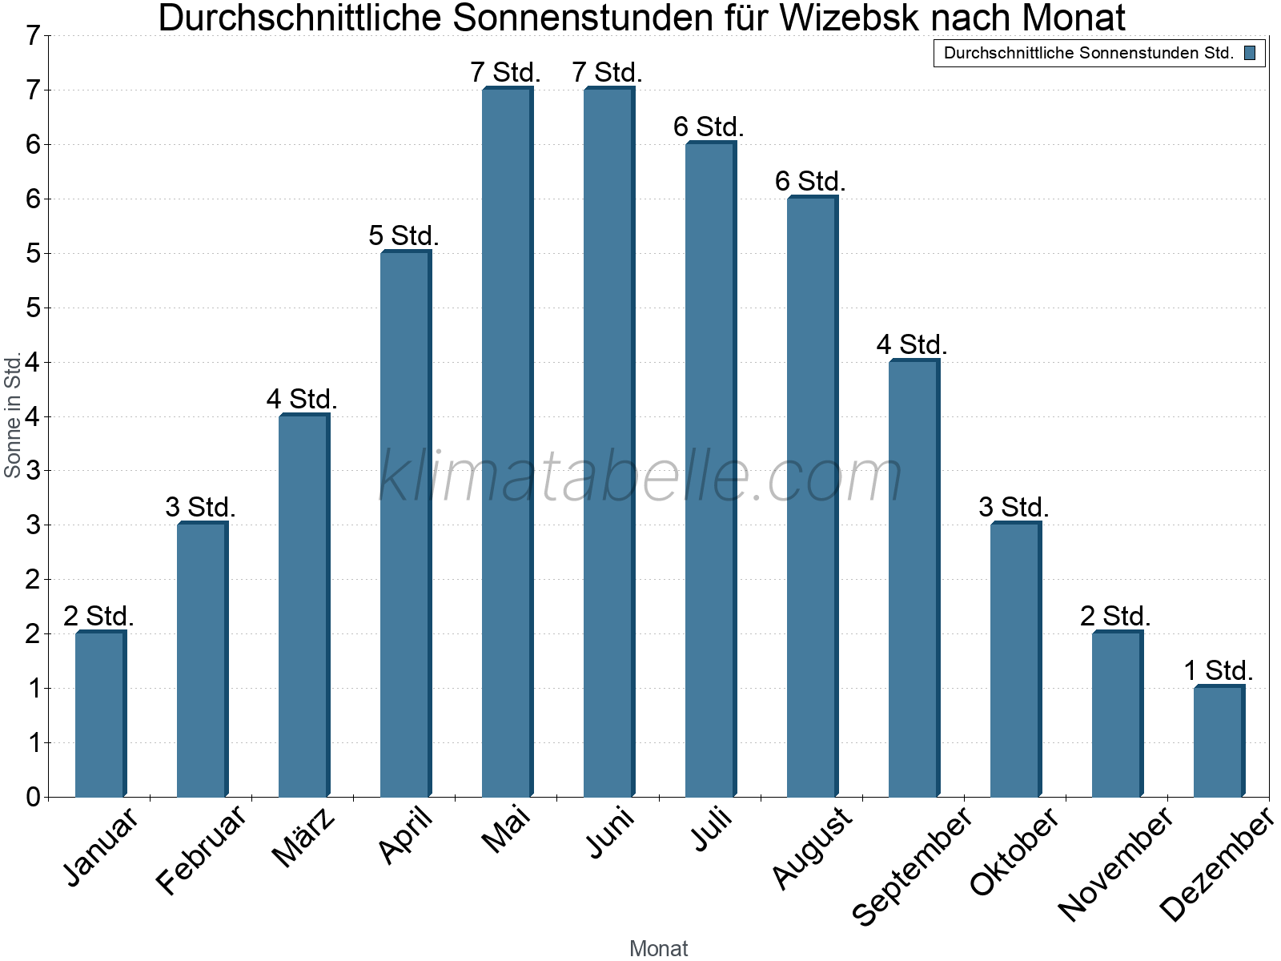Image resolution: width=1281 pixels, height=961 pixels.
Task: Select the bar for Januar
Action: pos(100,714)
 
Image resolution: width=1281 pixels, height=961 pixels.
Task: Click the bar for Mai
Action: pos(507,442)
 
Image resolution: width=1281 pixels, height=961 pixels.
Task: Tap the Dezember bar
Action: pos(1219,742)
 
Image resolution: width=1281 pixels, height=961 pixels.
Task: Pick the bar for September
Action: pos(914,578)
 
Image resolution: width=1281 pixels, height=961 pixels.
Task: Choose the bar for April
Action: pos(405,524)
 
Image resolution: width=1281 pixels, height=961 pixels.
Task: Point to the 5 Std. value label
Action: pos(404,235)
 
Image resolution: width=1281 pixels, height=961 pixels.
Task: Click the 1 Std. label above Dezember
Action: pos(1218,670)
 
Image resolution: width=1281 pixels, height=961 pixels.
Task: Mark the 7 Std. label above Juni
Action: pos(607,72)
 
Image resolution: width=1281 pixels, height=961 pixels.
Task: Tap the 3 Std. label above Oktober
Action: pos(1014,507)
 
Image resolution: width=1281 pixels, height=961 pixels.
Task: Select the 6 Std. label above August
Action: pos(810,181)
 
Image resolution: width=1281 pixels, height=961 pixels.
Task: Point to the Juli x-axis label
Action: pos(713,830)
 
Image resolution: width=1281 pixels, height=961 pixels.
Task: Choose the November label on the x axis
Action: pos(1116,863)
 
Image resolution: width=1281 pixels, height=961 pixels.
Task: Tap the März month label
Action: pos(303,839)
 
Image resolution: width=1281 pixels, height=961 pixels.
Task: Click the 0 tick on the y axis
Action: pos(33,797)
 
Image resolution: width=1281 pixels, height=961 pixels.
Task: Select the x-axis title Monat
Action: pos(658,948)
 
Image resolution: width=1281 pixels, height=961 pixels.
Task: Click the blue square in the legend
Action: pos(1250,54)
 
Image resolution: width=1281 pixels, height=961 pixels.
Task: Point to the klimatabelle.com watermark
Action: pos(640,476)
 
